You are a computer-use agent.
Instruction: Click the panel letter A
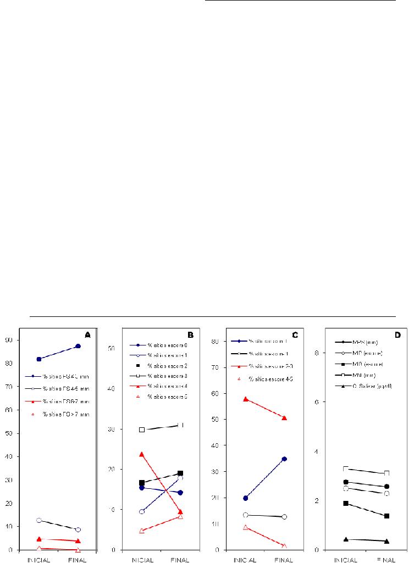[87, 334]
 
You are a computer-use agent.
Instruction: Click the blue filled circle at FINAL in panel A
[78, 346]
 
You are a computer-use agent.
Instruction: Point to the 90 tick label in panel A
[10, 340]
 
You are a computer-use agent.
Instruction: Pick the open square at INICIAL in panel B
[142, 429]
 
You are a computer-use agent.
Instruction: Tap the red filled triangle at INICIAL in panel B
[142, 454]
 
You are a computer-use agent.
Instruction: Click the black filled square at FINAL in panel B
[180, 473]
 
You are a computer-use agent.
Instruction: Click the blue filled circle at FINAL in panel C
[284, 459]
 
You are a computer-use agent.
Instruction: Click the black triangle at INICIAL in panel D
[346, 539]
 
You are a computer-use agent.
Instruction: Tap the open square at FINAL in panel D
[387, 473]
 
